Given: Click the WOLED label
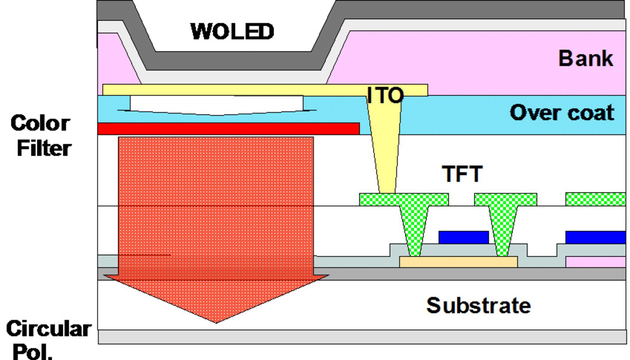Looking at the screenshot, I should (x=232, y=32).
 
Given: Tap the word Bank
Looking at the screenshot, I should (x=586, y=58).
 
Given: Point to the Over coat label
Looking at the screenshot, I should (x=562, y=113).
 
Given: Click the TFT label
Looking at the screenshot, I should (x=462, y=174).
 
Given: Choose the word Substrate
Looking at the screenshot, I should (x=478, y=305).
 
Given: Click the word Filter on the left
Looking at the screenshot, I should (x=44, y=148).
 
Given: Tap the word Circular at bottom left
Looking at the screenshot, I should (x=49, y=328).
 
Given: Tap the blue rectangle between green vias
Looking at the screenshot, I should (x=463, y=237).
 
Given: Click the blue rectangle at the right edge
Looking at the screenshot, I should (x=595, y=237).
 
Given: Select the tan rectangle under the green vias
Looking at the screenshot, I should (x=458, y=262).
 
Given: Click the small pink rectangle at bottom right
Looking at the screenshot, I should (x=595, y=262).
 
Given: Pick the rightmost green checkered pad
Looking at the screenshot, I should (x=595, y=199).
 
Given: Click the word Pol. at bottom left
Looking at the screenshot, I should (x=33, y=352).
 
